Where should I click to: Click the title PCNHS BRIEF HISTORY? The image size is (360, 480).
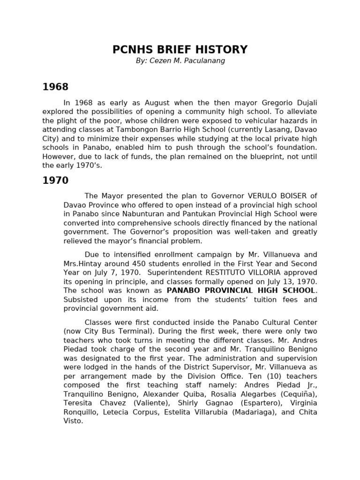pos(180,50)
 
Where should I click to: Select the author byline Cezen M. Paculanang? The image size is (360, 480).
pos(180,61)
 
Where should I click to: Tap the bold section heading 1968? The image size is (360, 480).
pos(55,87)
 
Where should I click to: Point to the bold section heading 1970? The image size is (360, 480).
pos(55,180)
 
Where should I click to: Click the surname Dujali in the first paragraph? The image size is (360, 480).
pos(305,102)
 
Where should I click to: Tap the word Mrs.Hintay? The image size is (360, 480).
pos(82,263)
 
